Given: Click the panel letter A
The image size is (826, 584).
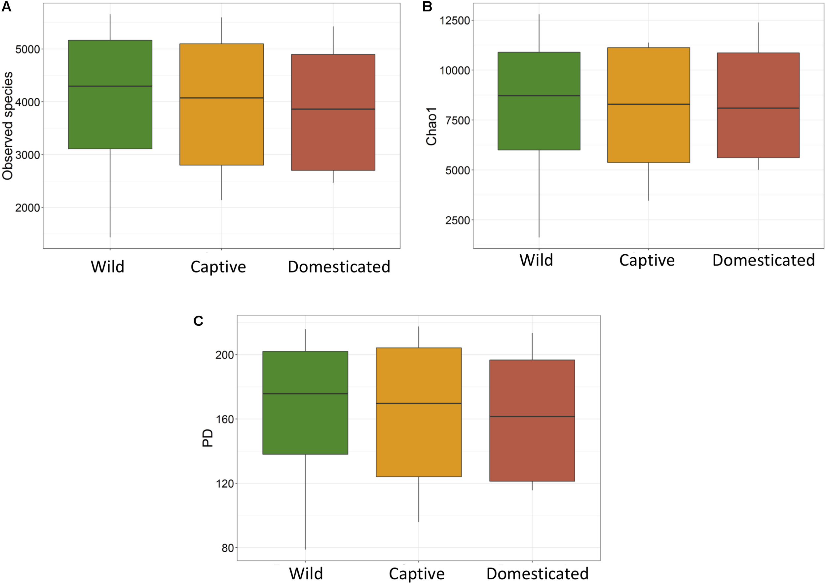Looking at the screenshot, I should click(7, 7).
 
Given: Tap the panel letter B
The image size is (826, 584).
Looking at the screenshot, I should click(427, 7).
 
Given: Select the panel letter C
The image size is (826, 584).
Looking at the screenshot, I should click(198, 321).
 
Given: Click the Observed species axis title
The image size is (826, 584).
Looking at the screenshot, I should click(8, 126).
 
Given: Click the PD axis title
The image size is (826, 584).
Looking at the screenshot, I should click(207, 438).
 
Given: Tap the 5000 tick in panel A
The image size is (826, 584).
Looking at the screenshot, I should click(27, 49).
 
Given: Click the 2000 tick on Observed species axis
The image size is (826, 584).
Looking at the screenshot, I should click(27, 208).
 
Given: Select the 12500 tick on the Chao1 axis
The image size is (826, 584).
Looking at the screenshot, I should click(455, 20).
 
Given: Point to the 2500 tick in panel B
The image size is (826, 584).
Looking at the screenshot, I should click(458, 220).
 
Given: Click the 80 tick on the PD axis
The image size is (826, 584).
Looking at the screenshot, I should click(228, 548).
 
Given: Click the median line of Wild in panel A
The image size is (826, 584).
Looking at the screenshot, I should click(110, 86).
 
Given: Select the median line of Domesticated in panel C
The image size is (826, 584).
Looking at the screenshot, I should click(532, 417).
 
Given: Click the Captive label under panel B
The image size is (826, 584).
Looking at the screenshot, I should click(647, 260).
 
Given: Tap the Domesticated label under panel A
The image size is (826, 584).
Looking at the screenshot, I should click(339, 267).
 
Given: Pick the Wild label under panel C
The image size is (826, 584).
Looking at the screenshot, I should click(306, 573).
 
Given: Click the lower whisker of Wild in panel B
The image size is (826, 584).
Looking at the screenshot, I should click(539, 194).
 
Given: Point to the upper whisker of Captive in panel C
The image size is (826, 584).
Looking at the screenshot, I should click(419, 337).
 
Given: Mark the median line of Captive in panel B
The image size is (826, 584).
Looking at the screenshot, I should click(648, 104).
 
